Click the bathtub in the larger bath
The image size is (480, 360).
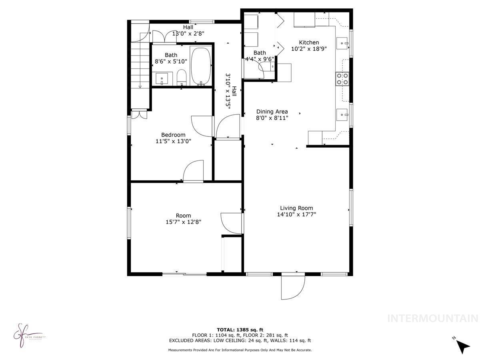(x=201, y=66)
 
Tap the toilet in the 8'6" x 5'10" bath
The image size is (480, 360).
(x=182, y=77)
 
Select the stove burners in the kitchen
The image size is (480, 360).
(x=342, y=79)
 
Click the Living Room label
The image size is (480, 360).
(x=296, y=208)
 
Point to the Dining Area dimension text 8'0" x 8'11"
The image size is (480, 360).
(x=272, y=118)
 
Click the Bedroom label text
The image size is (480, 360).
(x=173, y=135)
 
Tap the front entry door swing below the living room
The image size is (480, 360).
(x=292, y=287)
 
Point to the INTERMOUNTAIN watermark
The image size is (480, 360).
(x=433, y=319)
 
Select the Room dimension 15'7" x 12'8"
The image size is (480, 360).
(x=183, y=222)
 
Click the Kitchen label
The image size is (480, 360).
(x=309, y=42)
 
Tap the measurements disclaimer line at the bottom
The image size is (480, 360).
(x=240, y=350)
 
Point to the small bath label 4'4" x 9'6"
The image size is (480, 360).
(x=260, y=59)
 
